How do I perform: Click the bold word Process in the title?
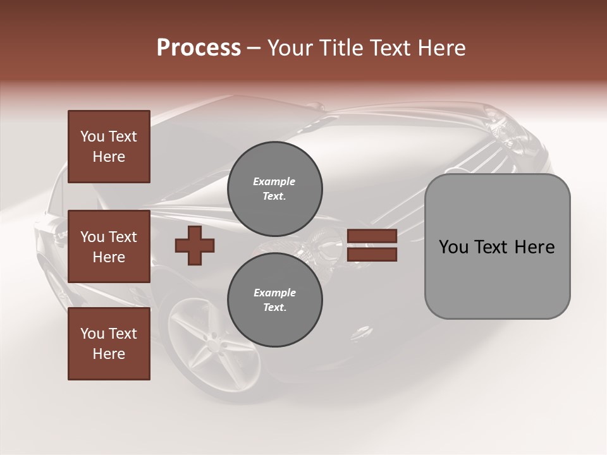pos(199,48)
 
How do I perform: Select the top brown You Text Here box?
pos(109,147)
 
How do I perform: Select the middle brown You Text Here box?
pos(109,246)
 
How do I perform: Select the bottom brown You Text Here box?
pos(109,344)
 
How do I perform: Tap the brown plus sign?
pos(195,246)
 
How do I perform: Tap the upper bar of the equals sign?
pos(372,237)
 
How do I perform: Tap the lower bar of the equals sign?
pos(372,255)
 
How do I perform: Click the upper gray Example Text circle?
pos(274,189)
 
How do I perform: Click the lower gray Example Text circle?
pos(274,300)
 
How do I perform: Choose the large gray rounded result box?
pos(497,246)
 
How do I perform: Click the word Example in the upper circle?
pos(274,182)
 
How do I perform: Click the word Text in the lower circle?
pos(273,308)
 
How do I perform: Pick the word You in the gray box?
pos(453,247)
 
